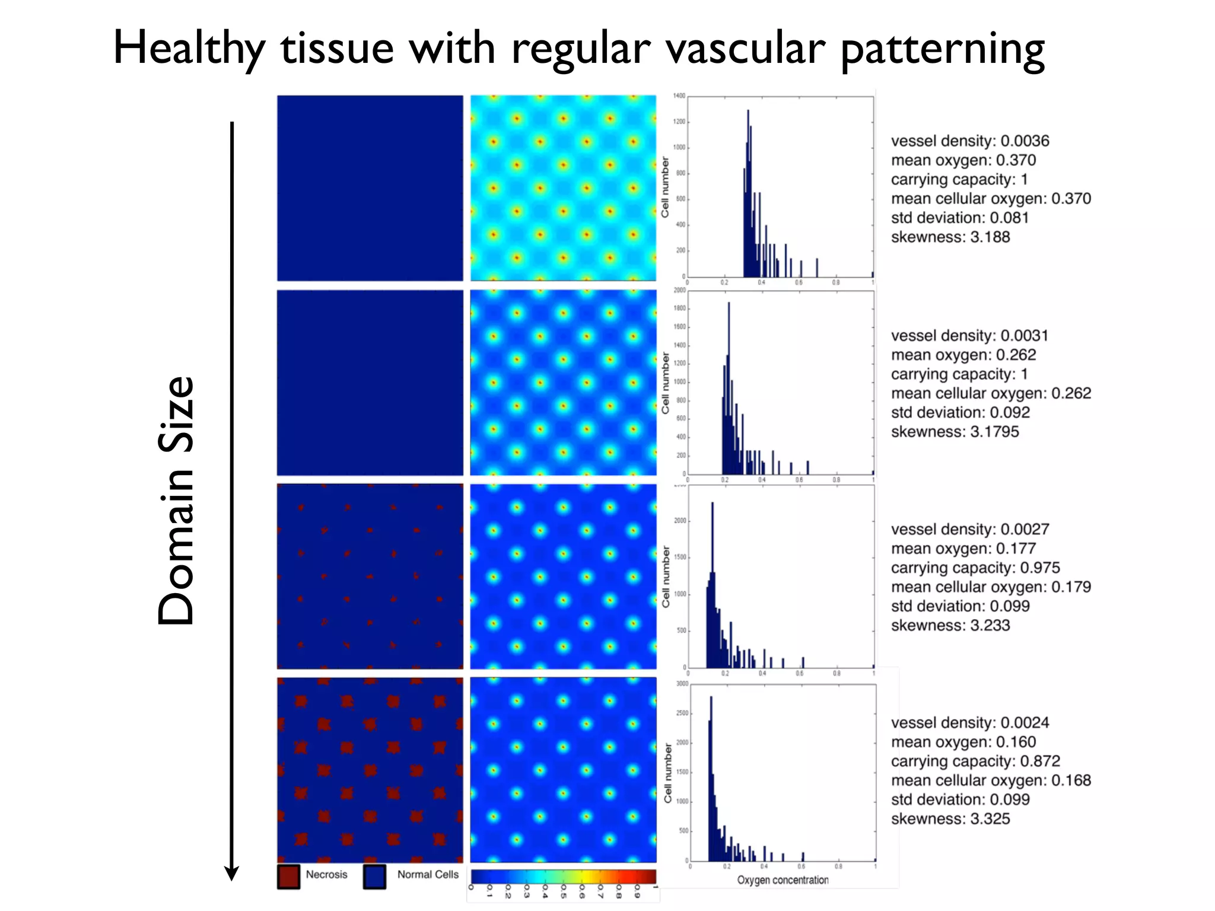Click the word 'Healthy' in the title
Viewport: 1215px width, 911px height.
tap(189, 49)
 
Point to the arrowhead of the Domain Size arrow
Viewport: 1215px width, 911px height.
tap(231, 873)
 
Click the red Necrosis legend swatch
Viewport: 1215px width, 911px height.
tap(289, 877)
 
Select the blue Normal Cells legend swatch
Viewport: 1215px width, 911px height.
tap(375, 877)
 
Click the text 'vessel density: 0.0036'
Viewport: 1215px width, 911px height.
tap(969, 141)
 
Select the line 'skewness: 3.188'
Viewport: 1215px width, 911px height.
tap(950, 237)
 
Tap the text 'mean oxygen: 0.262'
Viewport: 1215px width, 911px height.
tap(963, 355)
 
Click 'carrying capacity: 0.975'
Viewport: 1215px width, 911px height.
tap(975, 568)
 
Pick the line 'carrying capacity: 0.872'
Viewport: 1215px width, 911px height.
tap(975, 761)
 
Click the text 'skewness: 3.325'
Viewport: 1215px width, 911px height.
tap(950, 819)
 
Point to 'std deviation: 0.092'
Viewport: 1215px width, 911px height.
tap(960, 413)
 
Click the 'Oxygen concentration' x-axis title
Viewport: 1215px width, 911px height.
tap(783, 880)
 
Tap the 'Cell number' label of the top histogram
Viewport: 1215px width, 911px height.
tap(665, 187)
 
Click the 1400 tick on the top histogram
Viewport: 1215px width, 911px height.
tap(679, 96)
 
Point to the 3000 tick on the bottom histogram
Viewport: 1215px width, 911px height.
tap(682, 684)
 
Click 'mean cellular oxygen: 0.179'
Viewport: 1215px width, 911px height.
tap(991, 587)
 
